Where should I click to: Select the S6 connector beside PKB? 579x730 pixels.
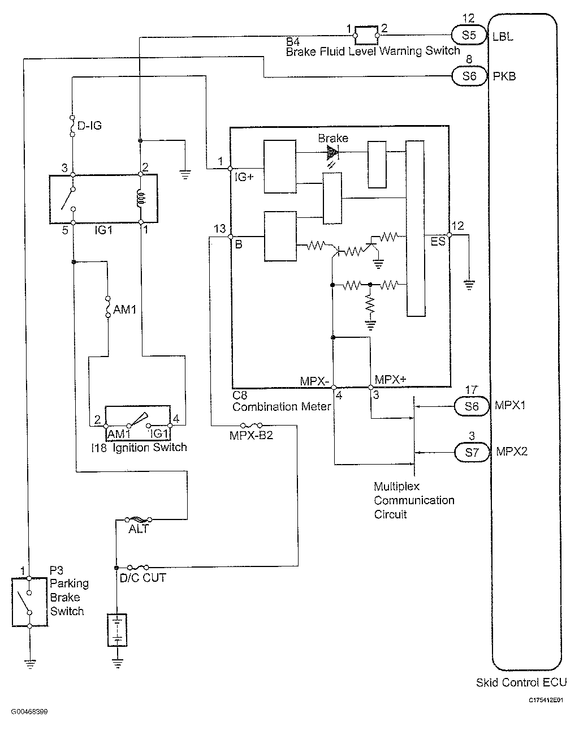pos(469,76)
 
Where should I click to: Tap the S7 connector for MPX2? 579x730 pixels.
pos(471,452)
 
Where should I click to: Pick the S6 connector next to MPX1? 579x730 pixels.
pos(471,406)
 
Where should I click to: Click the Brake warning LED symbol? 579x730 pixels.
pos(332,152)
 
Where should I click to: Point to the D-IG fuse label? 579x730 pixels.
pos(89,126)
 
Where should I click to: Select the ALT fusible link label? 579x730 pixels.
pos(139,529)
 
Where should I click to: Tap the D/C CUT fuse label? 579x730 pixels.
pos(143,578)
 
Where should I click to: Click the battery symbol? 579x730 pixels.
pos(117,630)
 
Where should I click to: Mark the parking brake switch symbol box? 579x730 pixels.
pos(29,602)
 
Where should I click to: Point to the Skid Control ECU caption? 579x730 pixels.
pos(521,682)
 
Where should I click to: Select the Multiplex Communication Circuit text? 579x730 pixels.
pos(414,500)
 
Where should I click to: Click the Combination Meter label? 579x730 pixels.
pos(281,406)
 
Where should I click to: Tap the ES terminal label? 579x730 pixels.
pos(438,242)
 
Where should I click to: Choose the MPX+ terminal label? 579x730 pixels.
pos(388,380)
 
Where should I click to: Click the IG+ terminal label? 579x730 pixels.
pos(244,177)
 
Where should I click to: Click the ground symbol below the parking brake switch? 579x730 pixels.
pos(29,663)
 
